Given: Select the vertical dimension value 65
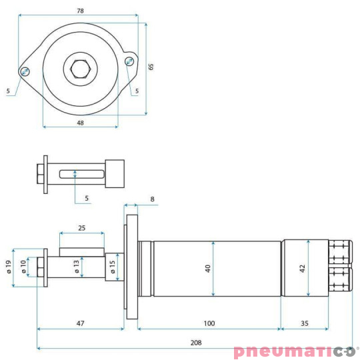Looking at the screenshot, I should [x=151, y=66].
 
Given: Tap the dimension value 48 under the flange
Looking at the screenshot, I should [x=80, y=123].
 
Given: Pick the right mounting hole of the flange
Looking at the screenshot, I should [x=129, y=61].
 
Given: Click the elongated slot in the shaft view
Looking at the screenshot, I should [x=81, y=175].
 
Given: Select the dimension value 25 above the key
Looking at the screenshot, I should [x=81, y=228].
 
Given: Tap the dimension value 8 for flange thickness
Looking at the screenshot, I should [x=152, y=199].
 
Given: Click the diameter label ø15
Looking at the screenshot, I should [x=113, y=267].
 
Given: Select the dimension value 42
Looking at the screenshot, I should [x=302, y=268].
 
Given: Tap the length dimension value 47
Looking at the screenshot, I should [x=81, y=323].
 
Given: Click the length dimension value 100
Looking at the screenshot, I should [x=209, y=323].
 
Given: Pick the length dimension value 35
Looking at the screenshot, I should [x=304, y=323].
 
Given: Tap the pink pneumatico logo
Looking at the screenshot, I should [x=295, y=351].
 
